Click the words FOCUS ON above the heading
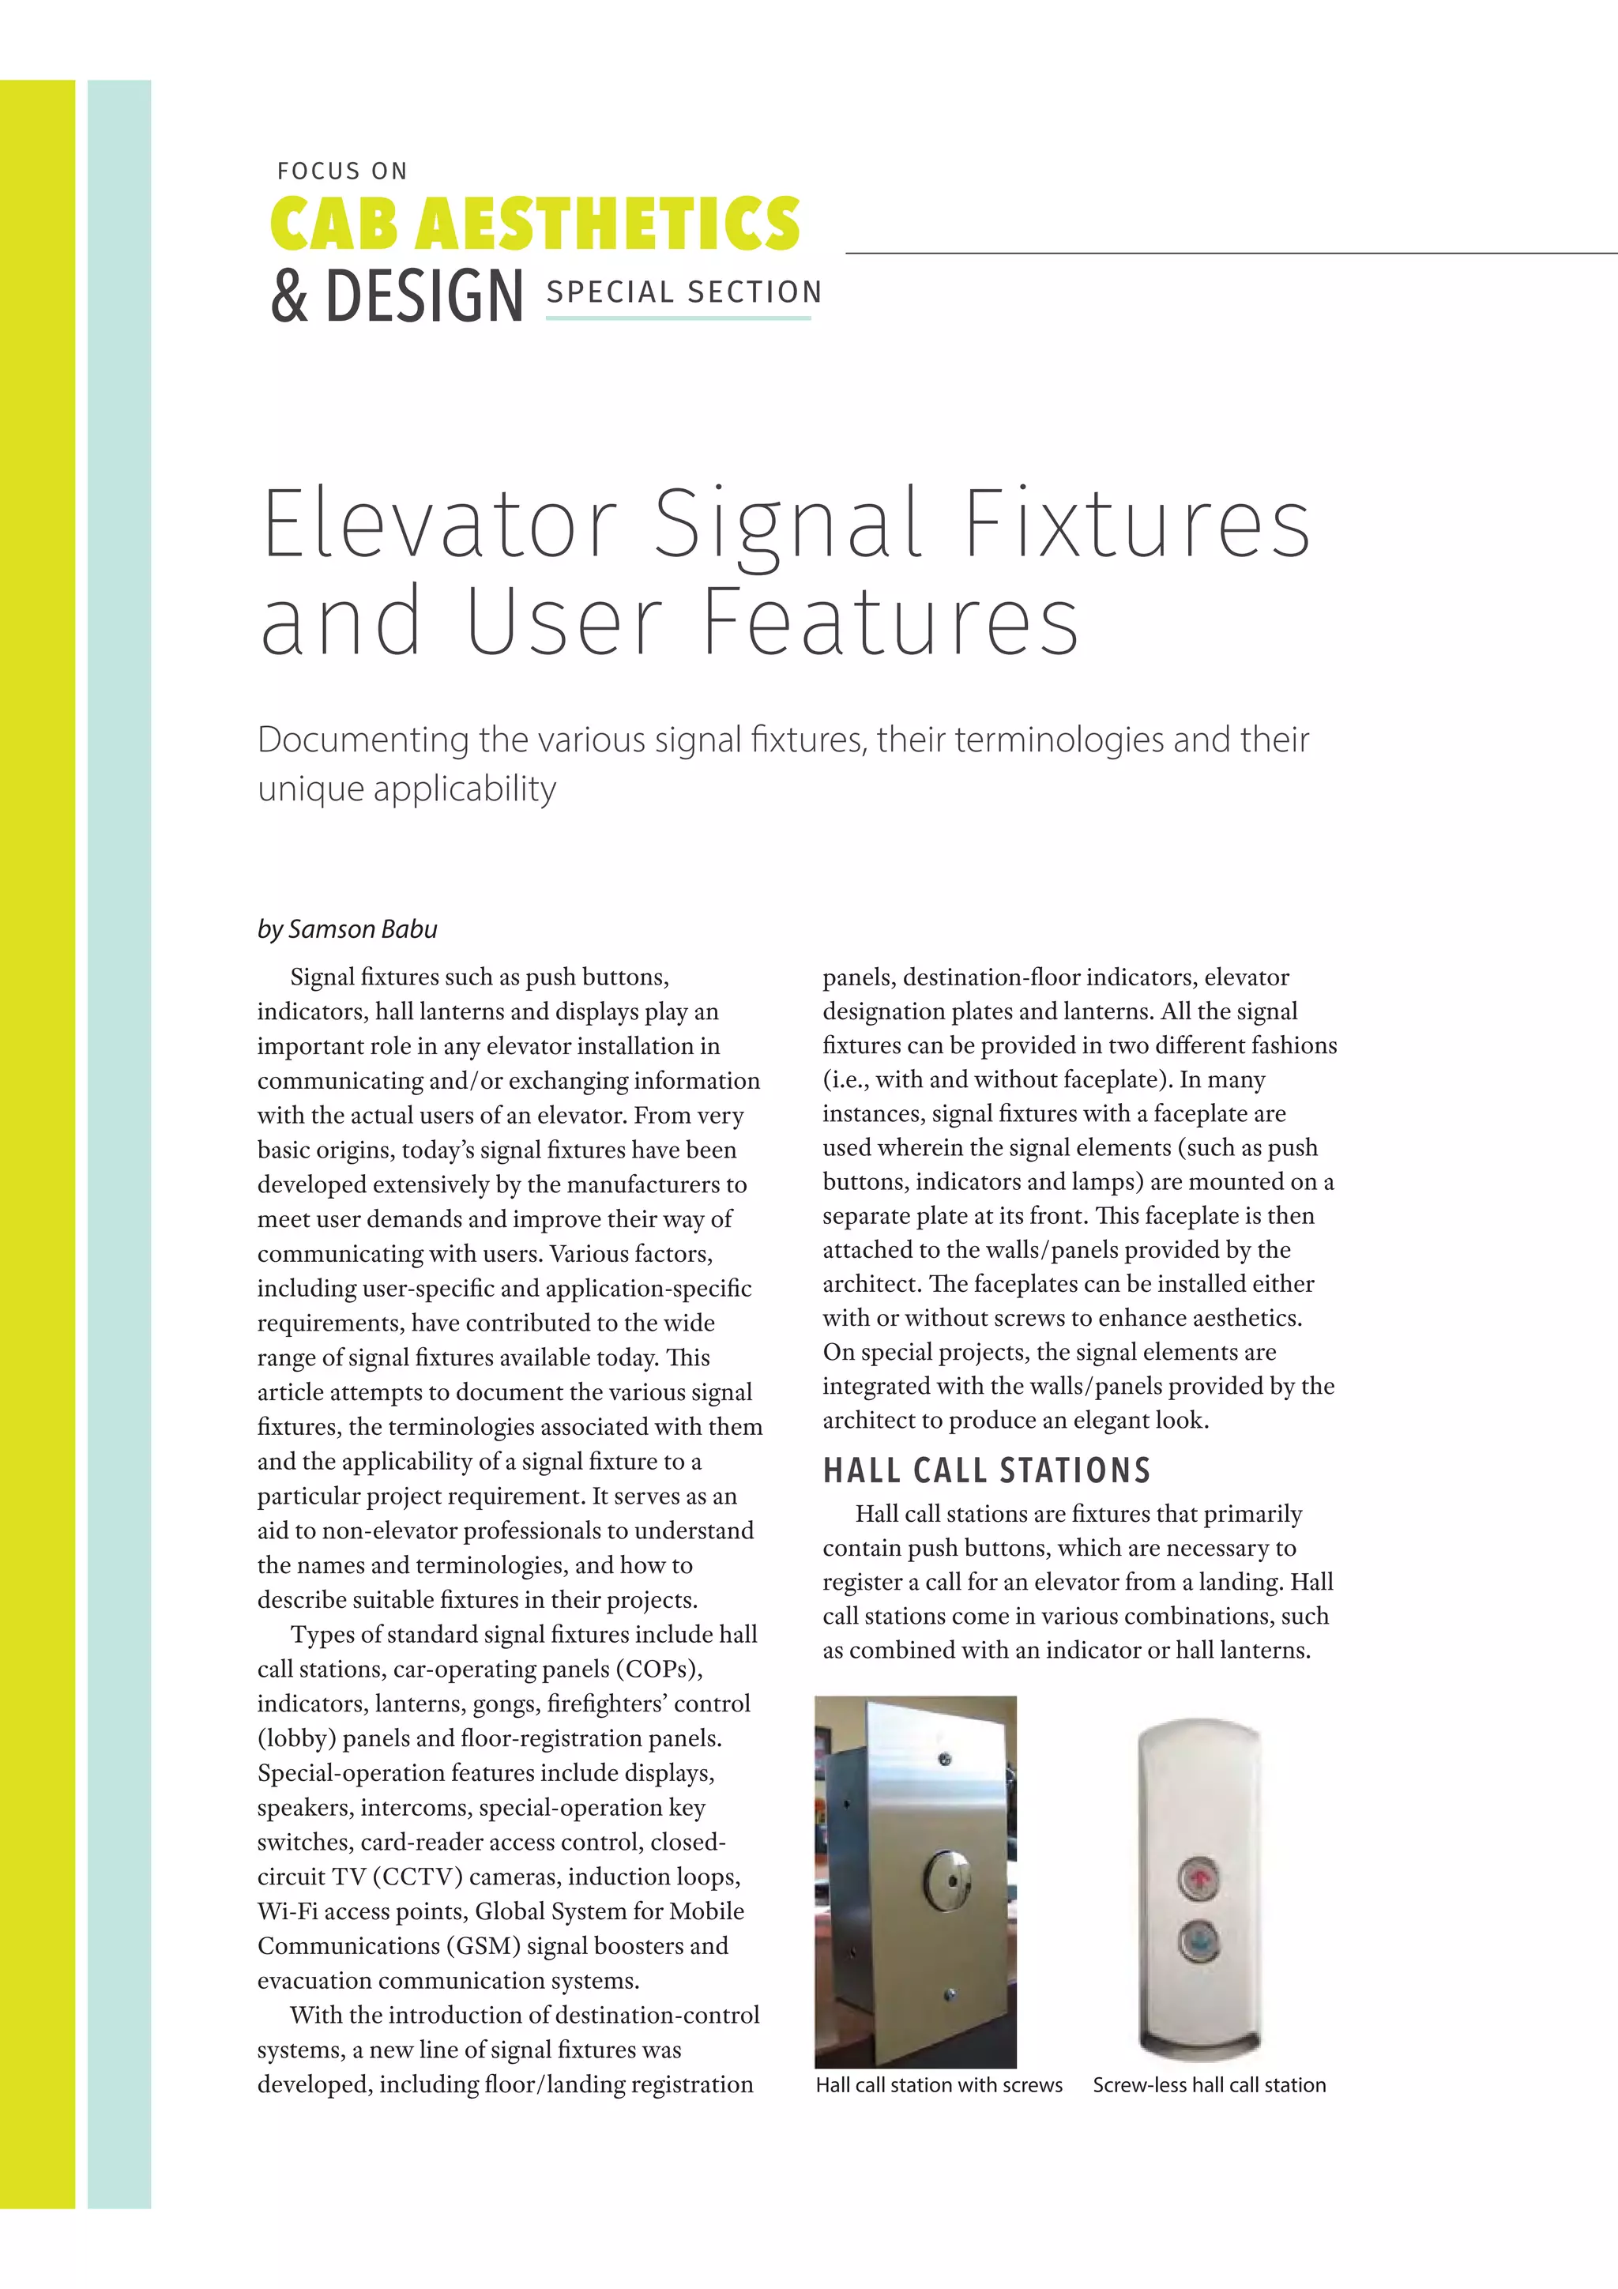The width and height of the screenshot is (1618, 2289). tap(342, 171)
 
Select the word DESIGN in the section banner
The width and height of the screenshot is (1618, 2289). tap(425, 296)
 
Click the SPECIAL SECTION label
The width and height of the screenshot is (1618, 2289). tap(684, 292)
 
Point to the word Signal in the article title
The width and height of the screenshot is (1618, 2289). tap(788, 525)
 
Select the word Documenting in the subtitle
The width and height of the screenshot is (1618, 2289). tap(364, 740)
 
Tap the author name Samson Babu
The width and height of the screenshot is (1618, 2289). tap(363, 929)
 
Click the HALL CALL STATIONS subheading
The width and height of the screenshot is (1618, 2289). tap(986, 1470)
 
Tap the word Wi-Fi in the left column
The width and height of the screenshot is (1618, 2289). tap(287, 1911)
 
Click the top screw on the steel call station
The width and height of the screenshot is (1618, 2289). tap(945, 1760)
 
